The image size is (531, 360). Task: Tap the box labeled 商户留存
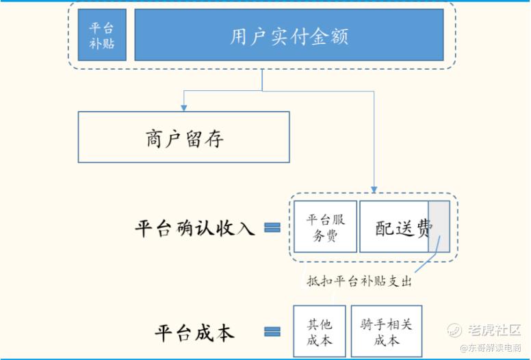click(184, 138)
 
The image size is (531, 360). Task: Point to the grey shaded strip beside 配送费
click(439, 227)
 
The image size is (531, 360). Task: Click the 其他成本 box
click(320, 331)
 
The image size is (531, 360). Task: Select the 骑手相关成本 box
click(387, 331)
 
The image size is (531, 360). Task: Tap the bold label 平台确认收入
click(195, 228)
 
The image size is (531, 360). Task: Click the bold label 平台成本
click(195, 333)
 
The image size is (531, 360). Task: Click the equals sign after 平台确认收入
click(272, 228)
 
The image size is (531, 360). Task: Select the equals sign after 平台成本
click(272, 333)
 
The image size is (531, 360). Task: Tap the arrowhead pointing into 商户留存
click(183, 107)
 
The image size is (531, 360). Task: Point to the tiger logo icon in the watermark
click(456, 330)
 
